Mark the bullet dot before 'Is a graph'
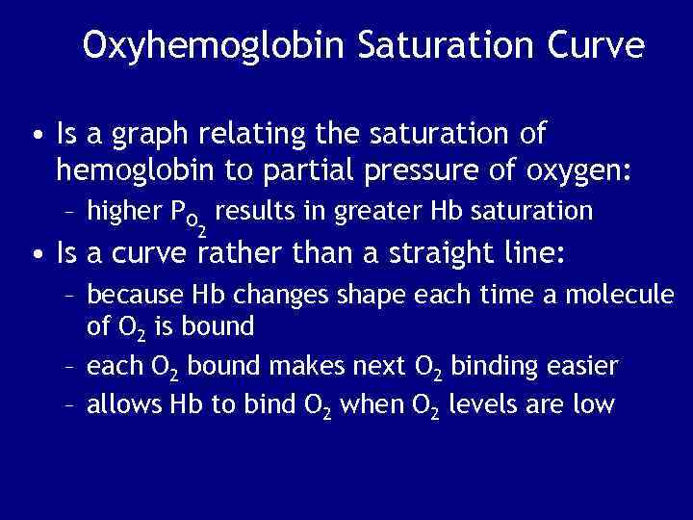(37, 136)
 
